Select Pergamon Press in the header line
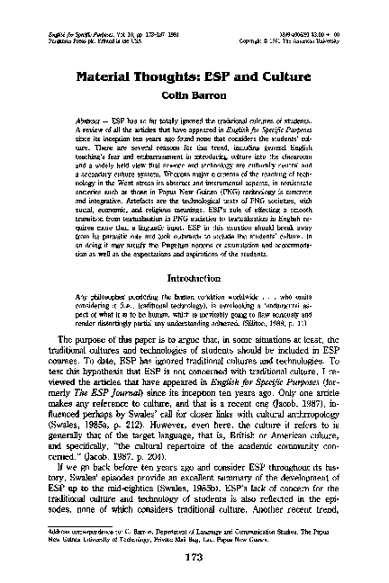point(62,42)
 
